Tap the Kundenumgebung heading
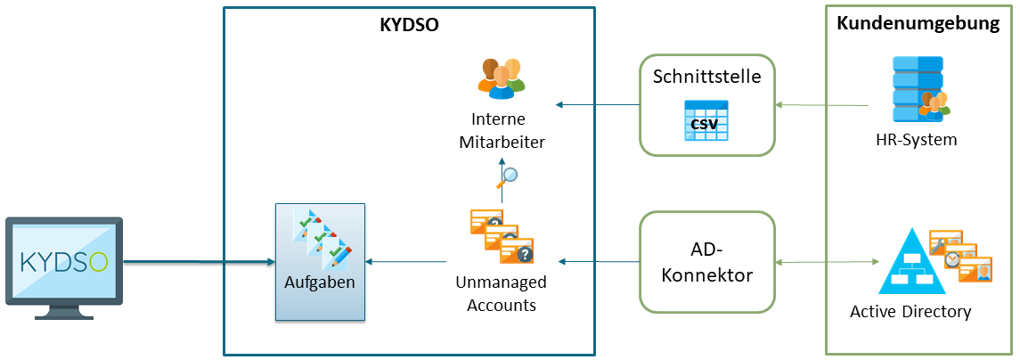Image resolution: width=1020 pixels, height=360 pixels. coord(918,24)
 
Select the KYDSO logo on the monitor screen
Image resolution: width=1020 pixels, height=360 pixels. coord(65,262)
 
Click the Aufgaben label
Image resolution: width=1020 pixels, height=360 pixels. coord(320,282)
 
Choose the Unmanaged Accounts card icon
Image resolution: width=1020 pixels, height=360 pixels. coord(501,236)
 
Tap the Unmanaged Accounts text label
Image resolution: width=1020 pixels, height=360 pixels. coord(502,293)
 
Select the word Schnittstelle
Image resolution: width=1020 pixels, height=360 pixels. coord(706,76)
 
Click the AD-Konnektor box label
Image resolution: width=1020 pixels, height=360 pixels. coord(706,263)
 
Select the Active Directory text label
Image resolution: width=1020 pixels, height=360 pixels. coord(910,312)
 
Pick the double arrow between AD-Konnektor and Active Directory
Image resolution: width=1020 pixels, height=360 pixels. coord(825,263)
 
